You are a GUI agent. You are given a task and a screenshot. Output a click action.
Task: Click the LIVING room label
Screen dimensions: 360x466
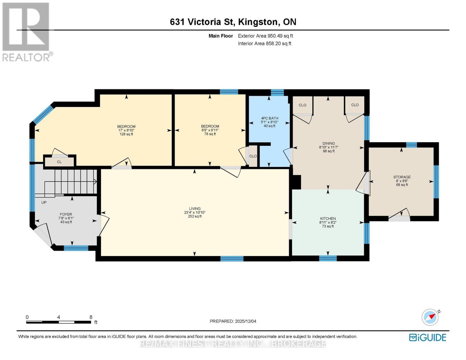click(x=194, y=209)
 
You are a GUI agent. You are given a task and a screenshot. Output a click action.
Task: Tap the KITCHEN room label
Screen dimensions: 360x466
click(x=328, y=219)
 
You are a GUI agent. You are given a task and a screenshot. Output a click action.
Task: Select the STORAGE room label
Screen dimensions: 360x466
click(x=402, y=177)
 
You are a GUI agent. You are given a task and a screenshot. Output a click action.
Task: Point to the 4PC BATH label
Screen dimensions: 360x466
click(x=269, y=118)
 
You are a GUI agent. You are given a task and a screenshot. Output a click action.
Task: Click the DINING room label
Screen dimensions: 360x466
click(x=329, y=144)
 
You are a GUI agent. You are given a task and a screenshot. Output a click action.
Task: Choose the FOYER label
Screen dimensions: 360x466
click(x=66, y=214)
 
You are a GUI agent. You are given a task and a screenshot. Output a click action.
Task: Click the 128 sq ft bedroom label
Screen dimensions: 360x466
click(x=126, y=127)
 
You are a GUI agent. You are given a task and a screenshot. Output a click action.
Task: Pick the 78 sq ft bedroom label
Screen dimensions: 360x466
click(x=210, y=127)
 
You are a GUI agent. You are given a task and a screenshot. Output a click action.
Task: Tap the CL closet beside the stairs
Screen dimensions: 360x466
click(x=59, y=162)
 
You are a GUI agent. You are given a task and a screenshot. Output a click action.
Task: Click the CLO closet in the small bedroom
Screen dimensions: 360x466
click(x=253, y=156)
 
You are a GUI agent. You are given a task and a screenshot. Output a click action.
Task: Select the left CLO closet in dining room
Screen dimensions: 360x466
click(x=302, y=105)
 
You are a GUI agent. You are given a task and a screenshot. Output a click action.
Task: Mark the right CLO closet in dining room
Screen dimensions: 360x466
click(x=355, y=105)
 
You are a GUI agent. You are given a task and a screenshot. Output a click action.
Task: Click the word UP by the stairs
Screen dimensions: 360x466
click(x=44, y=202)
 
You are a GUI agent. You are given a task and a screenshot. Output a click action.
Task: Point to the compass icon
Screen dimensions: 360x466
click(x=430, y=317)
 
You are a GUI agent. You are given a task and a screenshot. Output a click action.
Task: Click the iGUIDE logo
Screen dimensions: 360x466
click(x=428, y=337)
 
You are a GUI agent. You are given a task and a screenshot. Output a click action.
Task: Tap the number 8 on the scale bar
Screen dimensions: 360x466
click(x=91, y=317)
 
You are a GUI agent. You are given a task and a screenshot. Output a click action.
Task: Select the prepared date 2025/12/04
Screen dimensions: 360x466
click(x=245, y=321)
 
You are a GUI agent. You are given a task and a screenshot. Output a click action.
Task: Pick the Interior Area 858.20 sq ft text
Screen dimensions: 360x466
click(x=264, y=43)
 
